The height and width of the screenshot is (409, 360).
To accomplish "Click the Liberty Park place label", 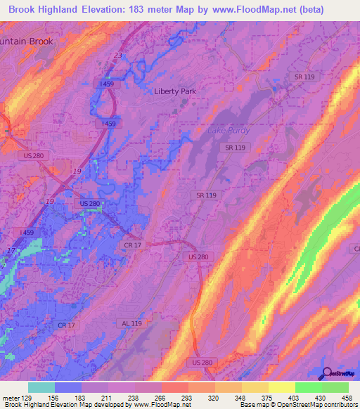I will coord(175,91).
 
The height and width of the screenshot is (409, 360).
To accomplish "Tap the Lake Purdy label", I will coord(226,131).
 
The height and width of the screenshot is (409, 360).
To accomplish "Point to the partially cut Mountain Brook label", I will coord(27,41).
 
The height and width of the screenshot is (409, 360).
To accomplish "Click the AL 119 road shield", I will coord(131,323).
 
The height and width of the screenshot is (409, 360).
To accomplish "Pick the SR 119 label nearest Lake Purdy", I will coord(235,148).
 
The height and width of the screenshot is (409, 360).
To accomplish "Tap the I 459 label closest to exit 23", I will coord(107,84).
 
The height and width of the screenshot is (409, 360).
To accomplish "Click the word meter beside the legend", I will coord(10,397).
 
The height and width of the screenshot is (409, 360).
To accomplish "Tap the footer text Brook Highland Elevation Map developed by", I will coord(63,405).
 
